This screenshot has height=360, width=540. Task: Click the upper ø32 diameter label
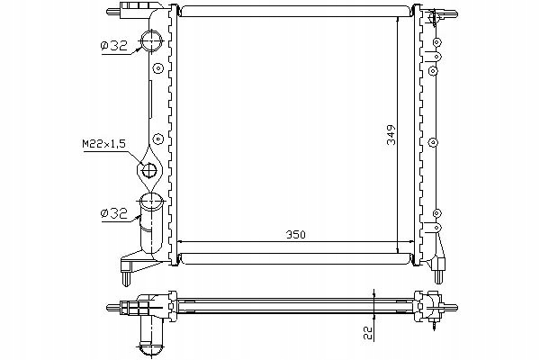click(114, 46)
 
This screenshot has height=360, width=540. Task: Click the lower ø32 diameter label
click(114, 213)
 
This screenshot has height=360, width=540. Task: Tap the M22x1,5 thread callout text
click(104, 144)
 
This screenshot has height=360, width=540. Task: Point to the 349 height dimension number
click(391, 135)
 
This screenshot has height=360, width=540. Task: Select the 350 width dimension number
click(296, 235)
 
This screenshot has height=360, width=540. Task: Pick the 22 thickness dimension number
click(369, 333)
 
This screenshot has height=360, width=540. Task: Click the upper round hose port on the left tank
click(151, 40)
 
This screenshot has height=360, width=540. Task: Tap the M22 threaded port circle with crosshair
click(149, 169)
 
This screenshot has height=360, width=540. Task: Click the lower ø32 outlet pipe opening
click(151, 200)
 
